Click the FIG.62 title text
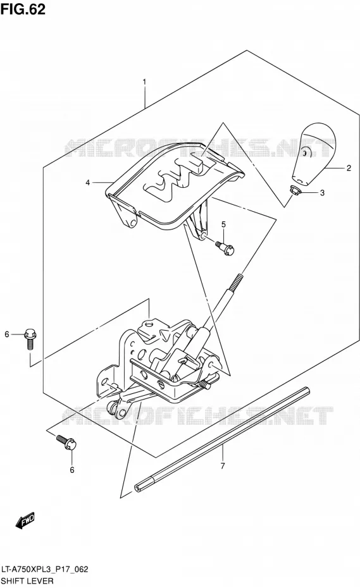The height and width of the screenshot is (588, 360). pos(23,9)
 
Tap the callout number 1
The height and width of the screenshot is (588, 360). pos(144,82)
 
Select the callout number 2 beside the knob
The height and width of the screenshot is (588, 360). pos(349,168)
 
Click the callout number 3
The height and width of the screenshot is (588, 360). pos(322,193)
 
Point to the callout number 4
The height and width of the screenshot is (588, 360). pos(87,183)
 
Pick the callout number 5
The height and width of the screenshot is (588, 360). pos(223,224)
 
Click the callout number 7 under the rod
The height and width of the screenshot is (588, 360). pos(223,466)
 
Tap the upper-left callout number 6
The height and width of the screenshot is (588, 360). pos(6,334)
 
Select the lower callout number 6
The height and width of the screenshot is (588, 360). pos(72,470)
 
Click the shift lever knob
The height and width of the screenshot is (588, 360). pos(313,152)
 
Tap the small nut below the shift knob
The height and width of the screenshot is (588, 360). pos(297,191)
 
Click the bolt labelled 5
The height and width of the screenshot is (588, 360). pos(225,248)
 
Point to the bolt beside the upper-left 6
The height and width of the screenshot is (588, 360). pos(30,339)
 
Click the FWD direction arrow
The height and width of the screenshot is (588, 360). pos(25,521)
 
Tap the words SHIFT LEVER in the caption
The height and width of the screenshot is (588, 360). pos(27,581)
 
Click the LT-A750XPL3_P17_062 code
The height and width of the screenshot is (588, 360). pos(45,569)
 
